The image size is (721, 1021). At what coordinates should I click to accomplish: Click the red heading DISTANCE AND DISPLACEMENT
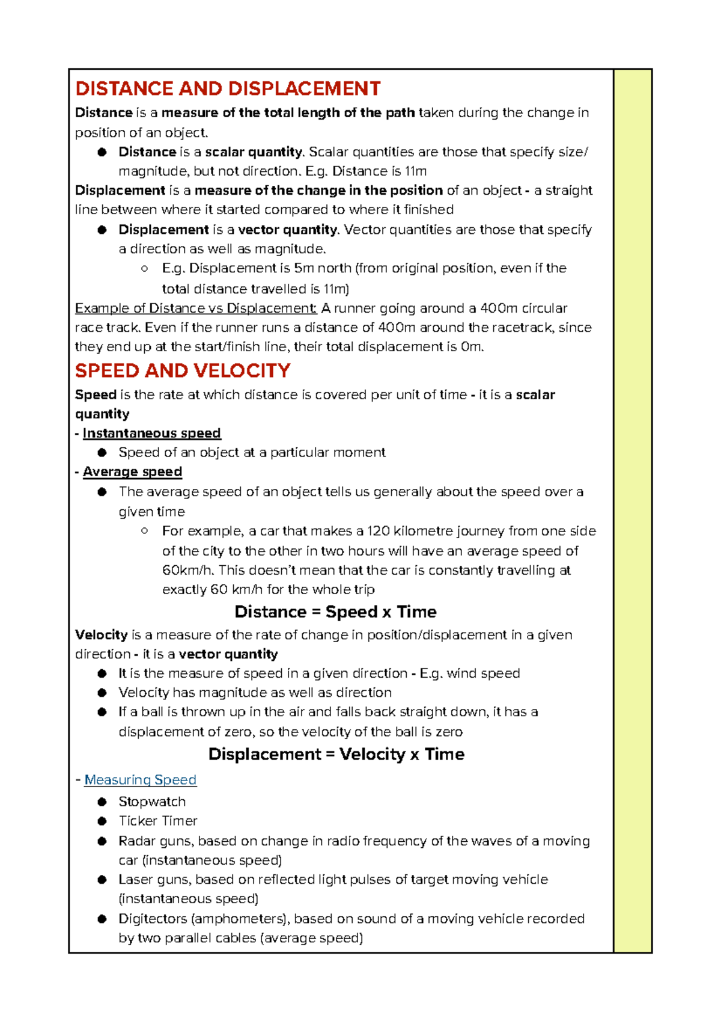tap(228, 89)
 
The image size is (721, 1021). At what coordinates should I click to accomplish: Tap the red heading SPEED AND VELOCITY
tap(183, 371)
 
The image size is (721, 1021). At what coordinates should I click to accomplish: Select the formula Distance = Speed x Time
tap(335, 612)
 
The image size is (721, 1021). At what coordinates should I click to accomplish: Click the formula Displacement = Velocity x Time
tap(336, 755)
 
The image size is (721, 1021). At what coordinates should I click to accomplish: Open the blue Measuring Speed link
tap(140, 780)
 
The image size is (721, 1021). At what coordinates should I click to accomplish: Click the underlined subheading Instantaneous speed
tap(151, 434)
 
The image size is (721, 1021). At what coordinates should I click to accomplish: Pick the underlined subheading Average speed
tap(132, 472)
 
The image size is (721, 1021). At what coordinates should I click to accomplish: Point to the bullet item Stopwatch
tap(152, 802)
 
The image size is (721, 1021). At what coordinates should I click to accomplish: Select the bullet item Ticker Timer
tap(158, 821)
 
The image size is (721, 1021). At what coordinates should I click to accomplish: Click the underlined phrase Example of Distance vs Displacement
tap(195, 308)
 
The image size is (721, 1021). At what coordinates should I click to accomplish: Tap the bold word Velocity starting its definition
tap(101, 635)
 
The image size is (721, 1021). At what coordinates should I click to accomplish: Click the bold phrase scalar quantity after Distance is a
tap(254, 152)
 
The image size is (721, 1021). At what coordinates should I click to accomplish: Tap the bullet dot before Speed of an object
tap(102, 452)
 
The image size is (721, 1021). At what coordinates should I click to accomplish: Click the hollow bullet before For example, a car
tap(144, 530)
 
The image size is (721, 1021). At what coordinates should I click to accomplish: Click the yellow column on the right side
tap(633, 511)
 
